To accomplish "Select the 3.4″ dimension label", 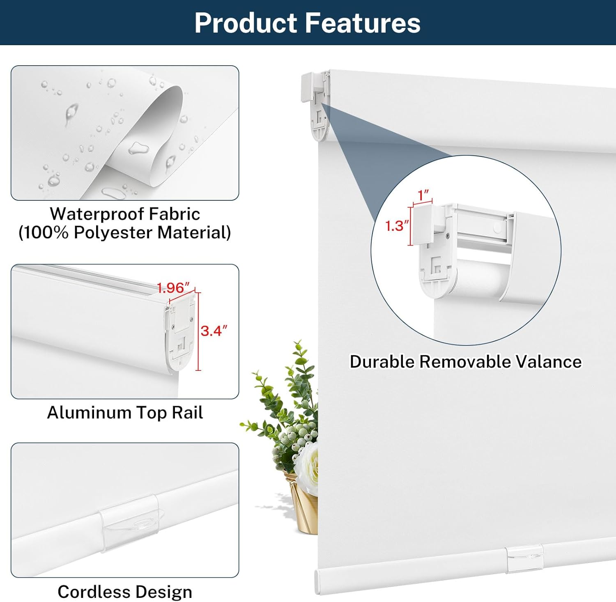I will tap(214, 331).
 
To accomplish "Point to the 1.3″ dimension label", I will tap(397, 225).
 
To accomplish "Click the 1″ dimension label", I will tap(423, 194).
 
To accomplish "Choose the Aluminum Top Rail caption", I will tap(125, 413).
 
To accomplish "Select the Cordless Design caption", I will tap(125, 592).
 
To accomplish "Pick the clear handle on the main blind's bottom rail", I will tap(524, 558).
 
